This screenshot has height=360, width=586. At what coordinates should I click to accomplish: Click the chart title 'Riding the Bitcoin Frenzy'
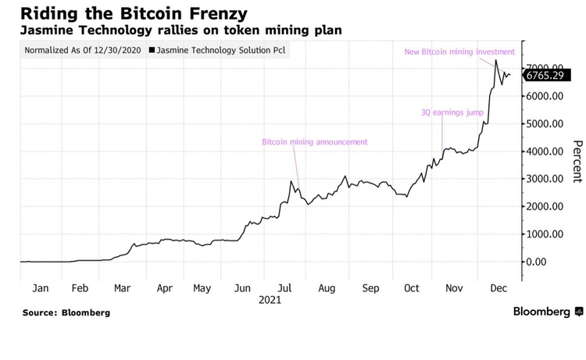pos(113,13)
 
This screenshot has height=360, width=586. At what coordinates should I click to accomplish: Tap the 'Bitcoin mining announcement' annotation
pos(314,142)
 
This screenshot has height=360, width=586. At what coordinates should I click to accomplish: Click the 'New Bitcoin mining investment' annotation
pos(459,52)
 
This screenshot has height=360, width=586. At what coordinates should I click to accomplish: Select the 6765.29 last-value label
pos(544,76)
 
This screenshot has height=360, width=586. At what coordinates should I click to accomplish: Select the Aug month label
pos(326,288)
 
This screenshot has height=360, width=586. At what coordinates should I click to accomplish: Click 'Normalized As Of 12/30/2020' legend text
pos(83,51)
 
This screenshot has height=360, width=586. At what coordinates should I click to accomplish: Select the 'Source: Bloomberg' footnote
pos(66,312)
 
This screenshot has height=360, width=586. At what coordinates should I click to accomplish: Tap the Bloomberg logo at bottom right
pos(548,312)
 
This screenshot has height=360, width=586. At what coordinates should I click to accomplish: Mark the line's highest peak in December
pos(496,60)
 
